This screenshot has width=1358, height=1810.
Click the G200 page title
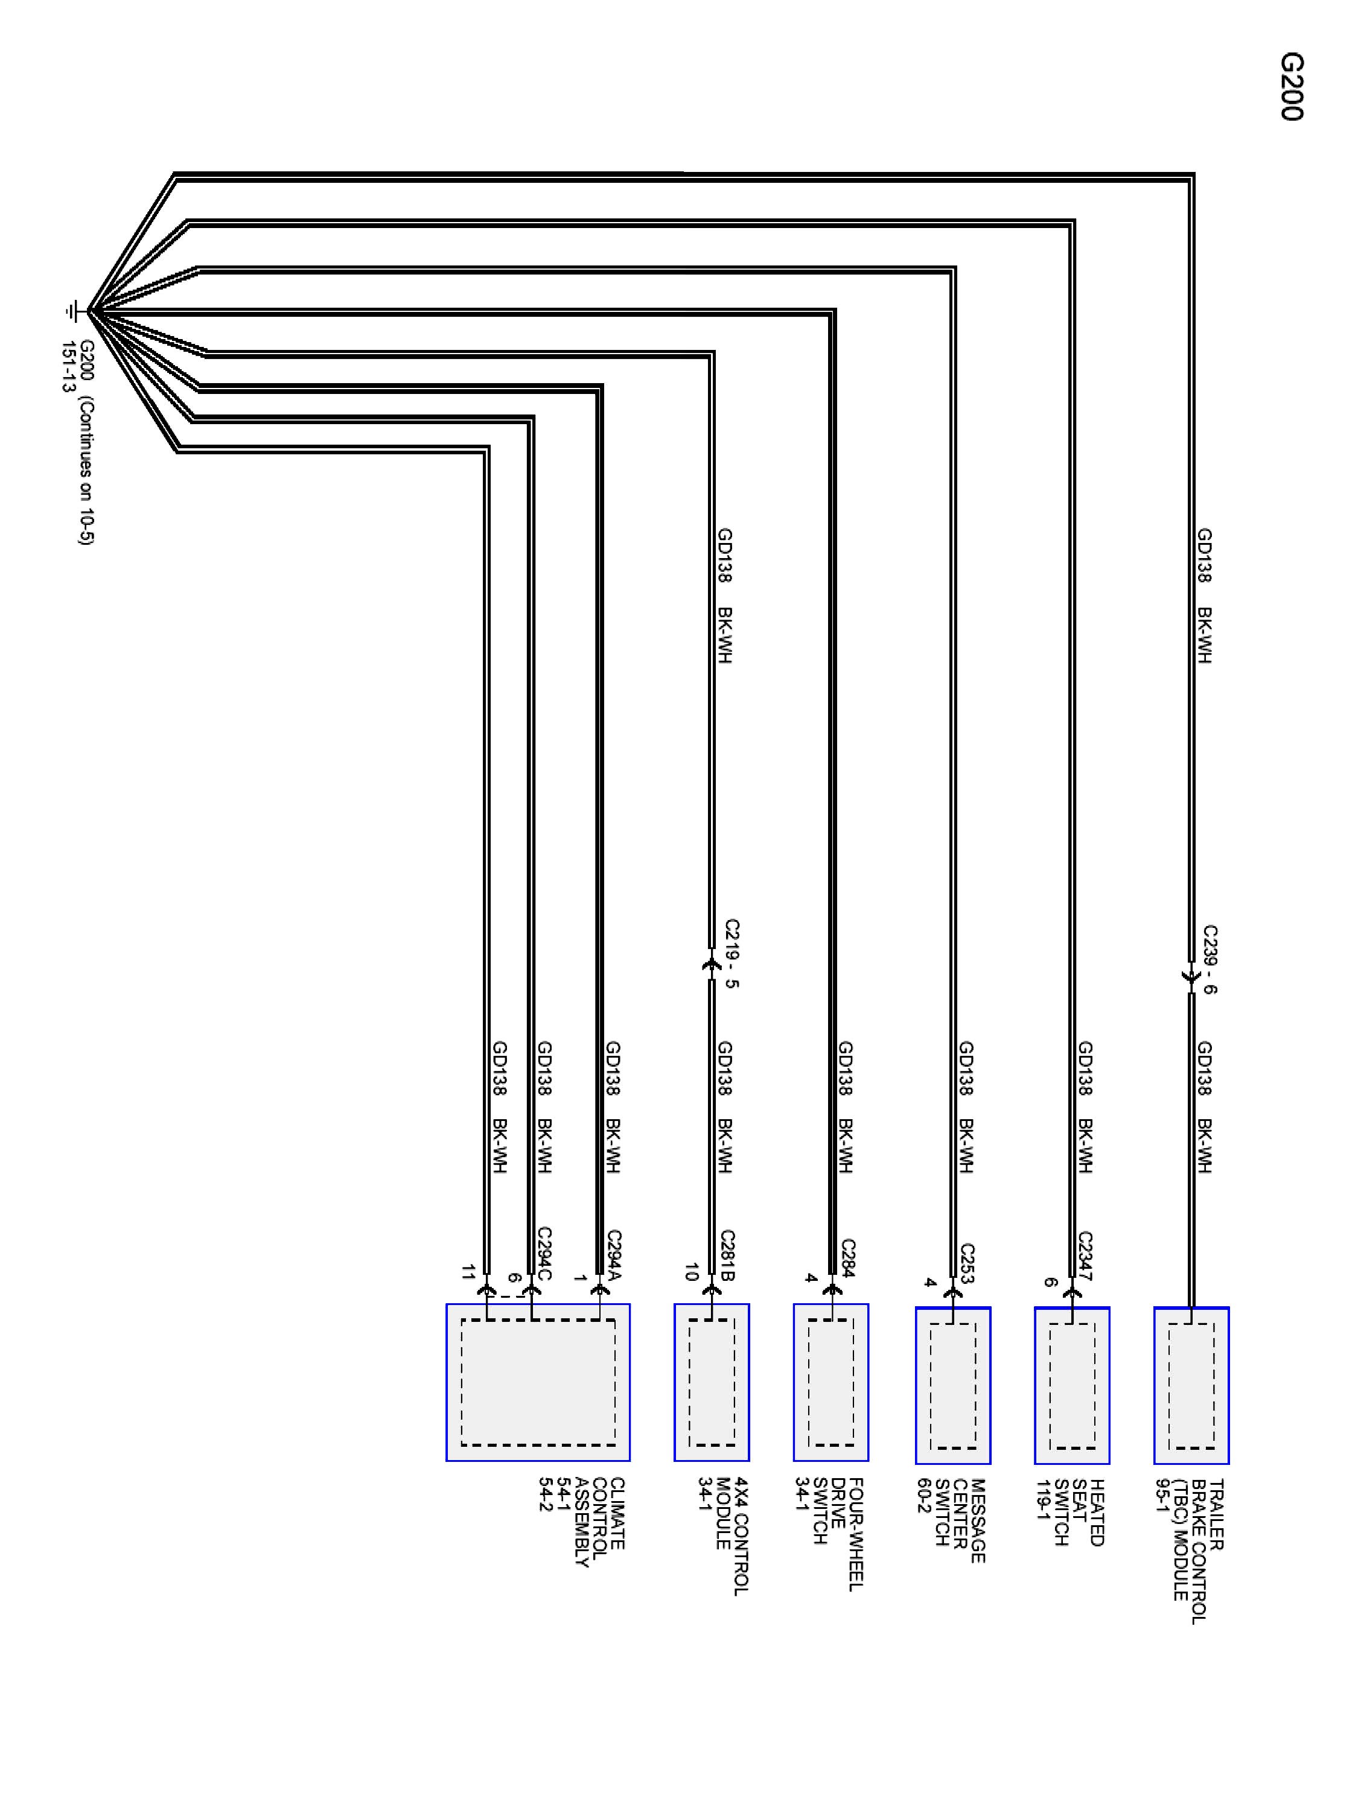[x=1291, y=87]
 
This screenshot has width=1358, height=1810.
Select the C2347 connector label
[x=1085, y=1256]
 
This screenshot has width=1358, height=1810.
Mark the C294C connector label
[x=544, y=1254]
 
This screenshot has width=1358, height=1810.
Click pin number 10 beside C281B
[x=691, y=1272]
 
